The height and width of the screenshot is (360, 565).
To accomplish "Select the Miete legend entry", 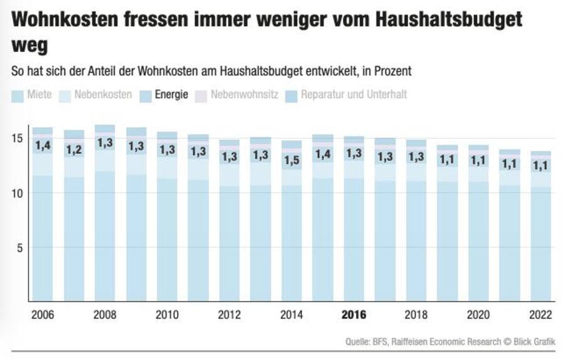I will (33, 95).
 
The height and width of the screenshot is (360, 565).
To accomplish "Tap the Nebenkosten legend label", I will (97, 95).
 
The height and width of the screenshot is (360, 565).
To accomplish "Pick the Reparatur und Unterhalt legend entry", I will (347, 95).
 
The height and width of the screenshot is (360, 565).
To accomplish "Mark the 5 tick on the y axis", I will (21, 247).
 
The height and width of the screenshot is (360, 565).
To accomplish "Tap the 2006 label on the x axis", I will (43, 315).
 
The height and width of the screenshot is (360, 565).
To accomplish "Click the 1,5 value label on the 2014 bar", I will (291, 161).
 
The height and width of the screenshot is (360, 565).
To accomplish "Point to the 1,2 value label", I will (74, 150).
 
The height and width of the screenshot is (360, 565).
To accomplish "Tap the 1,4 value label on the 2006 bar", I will (43, 146).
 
